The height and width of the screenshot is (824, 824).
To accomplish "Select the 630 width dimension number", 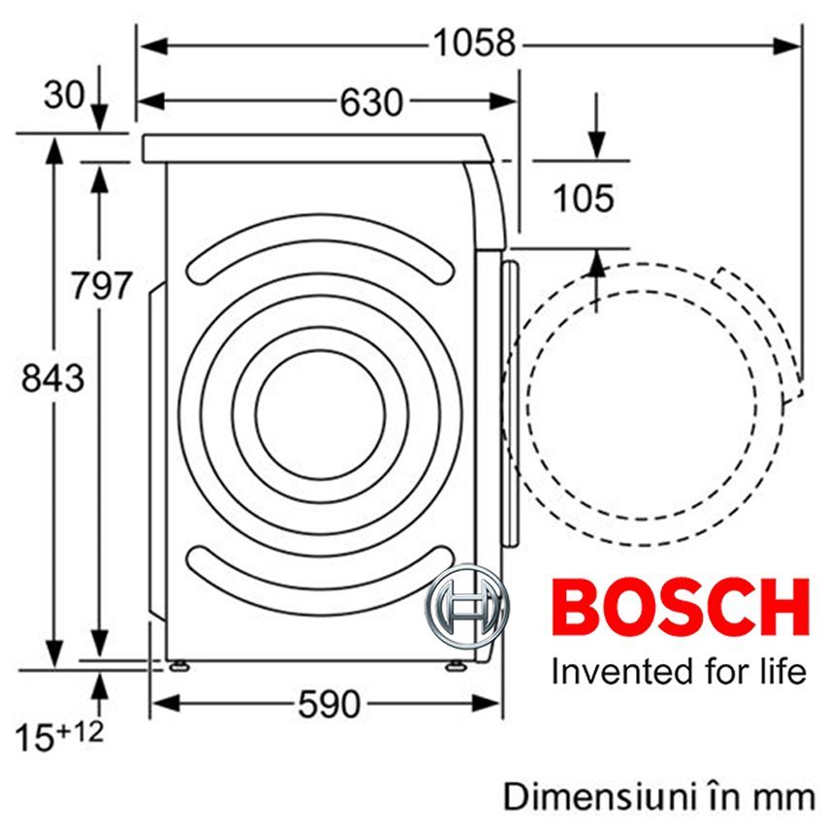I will (371, 101).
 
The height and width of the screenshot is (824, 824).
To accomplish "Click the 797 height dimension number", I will (100, 287).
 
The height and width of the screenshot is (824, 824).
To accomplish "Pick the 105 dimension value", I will (583, 199).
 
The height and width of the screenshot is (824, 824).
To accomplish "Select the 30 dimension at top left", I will (64, 95).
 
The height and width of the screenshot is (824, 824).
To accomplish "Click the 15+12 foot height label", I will (58, 734).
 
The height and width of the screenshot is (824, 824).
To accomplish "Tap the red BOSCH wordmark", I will (680, 608).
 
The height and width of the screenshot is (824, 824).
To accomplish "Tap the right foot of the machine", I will (453, 665).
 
